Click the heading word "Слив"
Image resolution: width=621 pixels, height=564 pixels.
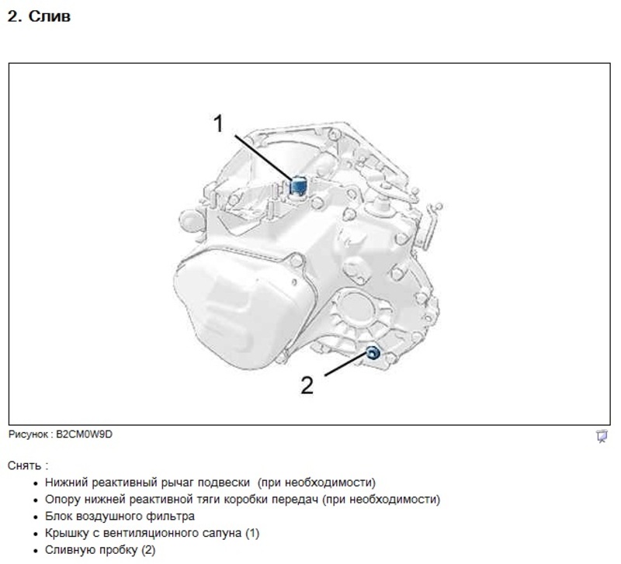pyautogui.click(x=50, y=16)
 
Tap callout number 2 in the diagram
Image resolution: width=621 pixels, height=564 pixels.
pyautogui.click(x=307, y=384)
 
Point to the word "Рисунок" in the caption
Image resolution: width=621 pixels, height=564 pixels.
pyautogui.click(x=30, y=435)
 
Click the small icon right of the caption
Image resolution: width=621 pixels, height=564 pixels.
pyautogui.click(x=601, y=436)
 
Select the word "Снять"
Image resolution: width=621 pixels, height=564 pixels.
pyautogui.click(x=26, y=465)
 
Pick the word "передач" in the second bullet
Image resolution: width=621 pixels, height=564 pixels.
pyautogui.click(x=297, y=499)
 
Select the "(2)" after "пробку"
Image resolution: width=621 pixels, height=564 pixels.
pyautogui.click(x=147, y=550)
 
